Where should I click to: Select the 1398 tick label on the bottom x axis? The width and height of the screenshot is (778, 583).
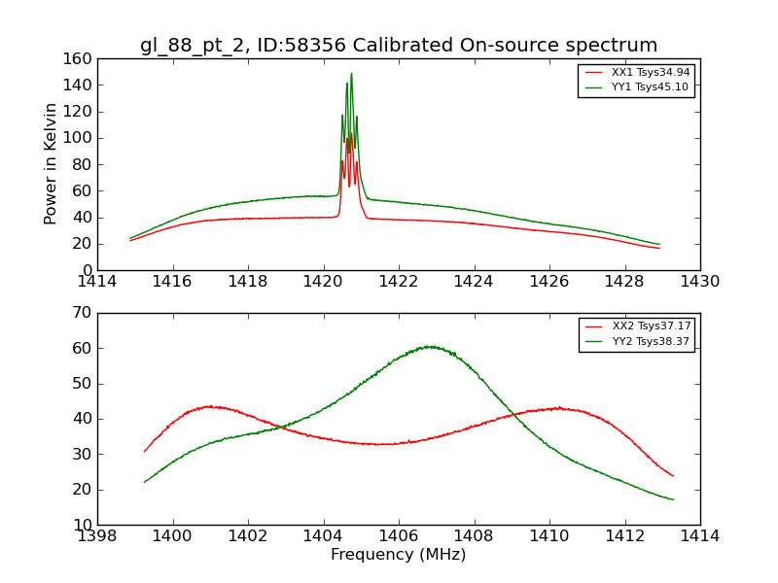coord(97,536)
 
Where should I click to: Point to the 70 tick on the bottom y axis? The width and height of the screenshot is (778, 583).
coord(82,313)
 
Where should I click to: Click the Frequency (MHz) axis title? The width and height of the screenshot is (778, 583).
coord(399,555)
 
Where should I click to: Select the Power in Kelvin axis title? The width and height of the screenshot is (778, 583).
coord(51,164)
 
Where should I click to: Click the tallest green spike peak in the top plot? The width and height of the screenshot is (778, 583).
coord(351,74)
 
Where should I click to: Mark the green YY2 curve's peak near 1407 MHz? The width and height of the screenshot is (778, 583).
coord(428,346)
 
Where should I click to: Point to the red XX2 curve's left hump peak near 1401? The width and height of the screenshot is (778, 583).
coord(209,406)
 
